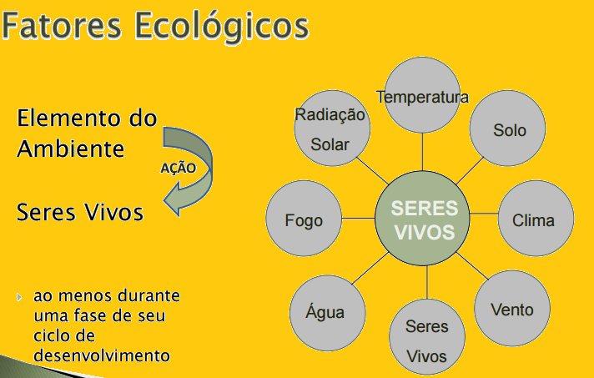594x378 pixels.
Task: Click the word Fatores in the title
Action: (63, 25)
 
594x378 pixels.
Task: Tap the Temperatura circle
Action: (422, 96)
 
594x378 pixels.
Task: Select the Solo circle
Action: (508, 130)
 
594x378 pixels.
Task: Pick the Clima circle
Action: (532, 220)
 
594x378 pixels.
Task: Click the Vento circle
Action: (511, 309)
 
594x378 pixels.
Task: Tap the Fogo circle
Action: (303, 220)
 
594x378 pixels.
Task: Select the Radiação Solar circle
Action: (331, 130)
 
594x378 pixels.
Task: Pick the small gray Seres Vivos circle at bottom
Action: (426, 338)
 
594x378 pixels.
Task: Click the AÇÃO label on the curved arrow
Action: (178, 167)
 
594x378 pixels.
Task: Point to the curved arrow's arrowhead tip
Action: (164, 202)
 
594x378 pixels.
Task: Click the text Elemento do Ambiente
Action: (86, 134)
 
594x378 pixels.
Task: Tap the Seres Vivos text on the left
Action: (80, 212)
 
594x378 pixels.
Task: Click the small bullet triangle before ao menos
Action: (21, 297)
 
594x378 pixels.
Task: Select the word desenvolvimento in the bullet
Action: (102, 355)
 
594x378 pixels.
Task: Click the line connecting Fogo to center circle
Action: (357, 219)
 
